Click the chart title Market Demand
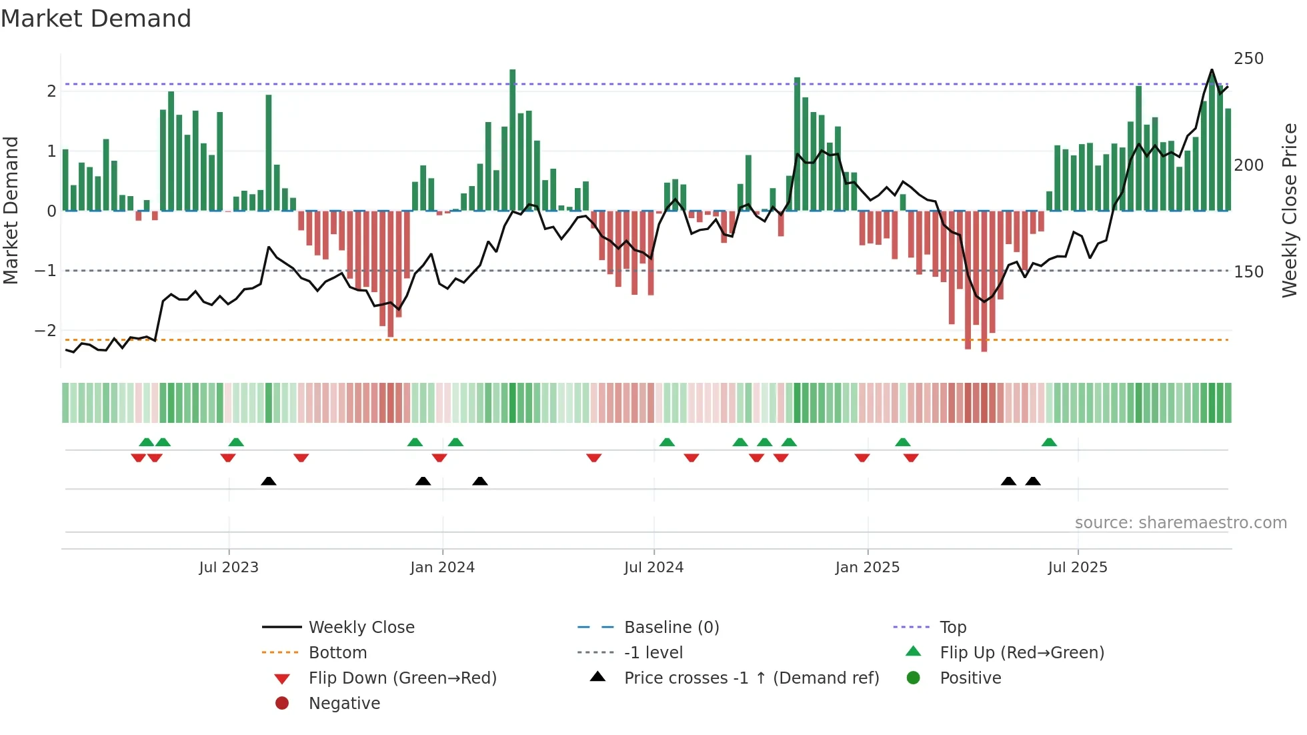tap(96, 19)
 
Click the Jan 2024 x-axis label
tap(442, 568)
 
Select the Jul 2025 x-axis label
tap(1077, 568)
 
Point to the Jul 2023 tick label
tap(229, 568)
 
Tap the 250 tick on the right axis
tap(1248, 59)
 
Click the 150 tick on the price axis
tap(1248, 272)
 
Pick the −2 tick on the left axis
tap(45, 331)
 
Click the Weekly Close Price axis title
tap(1290, 210)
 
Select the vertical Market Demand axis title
tap(11, 210)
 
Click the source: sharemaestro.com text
tap(1180, 523)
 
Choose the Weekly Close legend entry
tap(361, 628)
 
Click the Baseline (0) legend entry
tap(671, 628)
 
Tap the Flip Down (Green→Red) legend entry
tap(402, 678)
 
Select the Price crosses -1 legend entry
tap(751, 678)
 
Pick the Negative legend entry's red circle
tap(282, 704)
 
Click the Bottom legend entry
tap(337, 653)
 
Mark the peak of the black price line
tap(1212, 70)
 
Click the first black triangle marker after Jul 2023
tap(269, 482)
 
